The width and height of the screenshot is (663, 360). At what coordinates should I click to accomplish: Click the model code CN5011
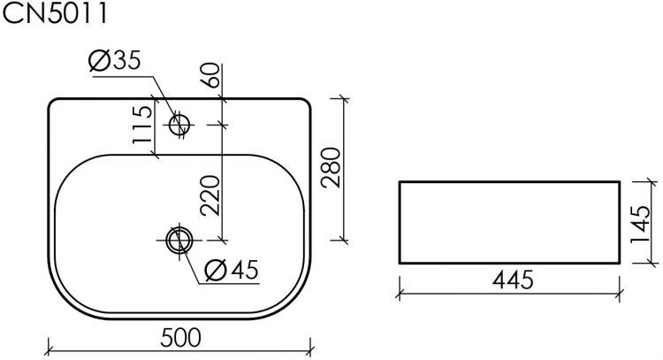(x=57, y=16)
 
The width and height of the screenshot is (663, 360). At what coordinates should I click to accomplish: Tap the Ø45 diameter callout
(x=229, y=270)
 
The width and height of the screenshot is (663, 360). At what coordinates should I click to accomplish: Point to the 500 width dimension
(x=180, y=337)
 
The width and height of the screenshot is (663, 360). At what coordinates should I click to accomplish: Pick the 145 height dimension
(x=644, y=221)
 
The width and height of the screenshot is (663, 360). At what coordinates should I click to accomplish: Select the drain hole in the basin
(x=179, y=239)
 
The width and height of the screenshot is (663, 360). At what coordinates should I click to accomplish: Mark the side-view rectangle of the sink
(x=510, y=221)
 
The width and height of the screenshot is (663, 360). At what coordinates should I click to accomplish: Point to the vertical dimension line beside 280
(x=344, y=168)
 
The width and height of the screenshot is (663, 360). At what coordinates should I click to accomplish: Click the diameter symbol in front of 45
(x=213, y=270)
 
